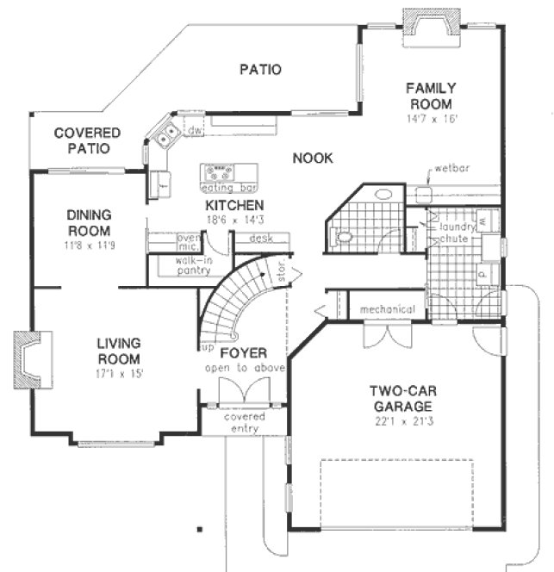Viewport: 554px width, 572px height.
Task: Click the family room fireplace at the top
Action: click(x=426, y=23)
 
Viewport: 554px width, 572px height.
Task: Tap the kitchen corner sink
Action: click(x=164, y=134)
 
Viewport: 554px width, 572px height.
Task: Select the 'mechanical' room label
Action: click(x=387, y=309)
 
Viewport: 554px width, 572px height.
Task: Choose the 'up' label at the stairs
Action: click(x=208, y=347)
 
